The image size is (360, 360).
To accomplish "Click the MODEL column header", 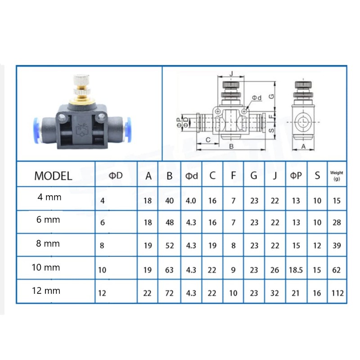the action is (x=53, y=176).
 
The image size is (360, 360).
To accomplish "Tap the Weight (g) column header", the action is (x=337, y=175).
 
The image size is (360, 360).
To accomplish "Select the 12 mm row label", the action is (x=46, y=291).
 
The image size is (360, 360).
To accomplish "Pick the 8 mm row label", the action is (x=48, y=243).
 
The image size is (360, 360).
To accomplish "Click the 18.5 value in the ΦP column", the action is (x=296, y=270).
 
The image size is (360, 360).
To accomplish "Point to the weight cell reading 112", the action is (x=337, y=293).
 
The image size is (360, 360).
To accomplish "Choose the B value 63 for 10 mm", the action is (x=169, y=270).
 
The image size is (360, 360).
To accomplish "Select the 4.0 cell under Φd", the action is (x=191, y=201).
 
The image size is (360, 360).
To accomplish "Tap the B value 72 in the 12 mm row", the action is (x=169, y=293).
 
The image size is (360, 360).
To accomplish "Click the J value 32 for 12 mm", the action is (x=274, y=293).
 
